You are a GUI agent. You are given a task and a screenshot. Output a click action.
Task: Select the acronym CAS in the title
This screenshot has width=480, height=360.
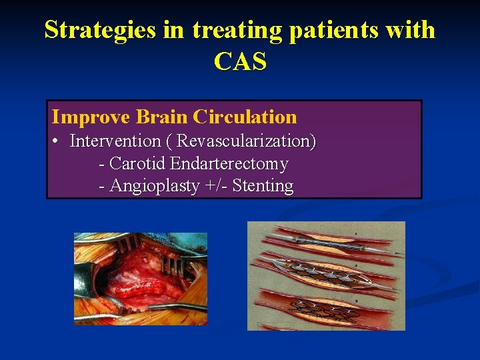point(240,61)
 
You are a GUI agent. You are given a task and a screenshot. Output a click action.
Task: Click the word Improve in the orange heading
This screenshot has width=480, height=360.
point(91,117)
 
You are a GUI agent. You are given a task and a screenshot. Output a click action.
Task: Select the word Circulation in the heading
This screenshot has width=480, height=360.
point(245,117)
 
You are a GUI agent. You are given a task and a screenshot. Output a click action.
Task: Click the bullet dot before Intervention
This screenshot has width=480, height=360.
point(57,142)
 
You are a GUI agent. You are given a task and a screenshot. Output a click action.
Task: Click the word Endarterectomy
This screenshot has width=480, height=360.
point(229,163)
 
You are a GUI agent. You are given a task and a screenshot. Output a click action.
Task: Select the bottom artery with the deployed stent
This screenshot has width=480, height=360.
point(327,309)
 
